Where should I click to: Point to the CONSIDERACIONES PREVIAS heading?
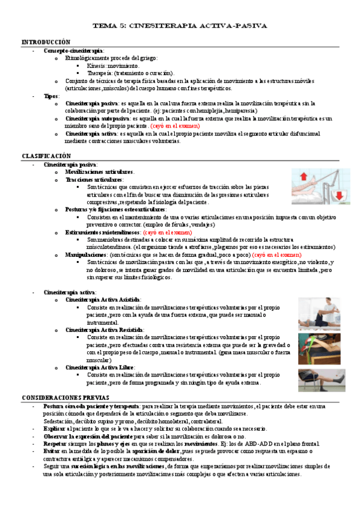[67, 398]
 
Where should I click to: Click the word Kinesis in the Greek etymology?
[96, 66]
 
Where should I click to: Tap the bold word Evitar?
[50, 450]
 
